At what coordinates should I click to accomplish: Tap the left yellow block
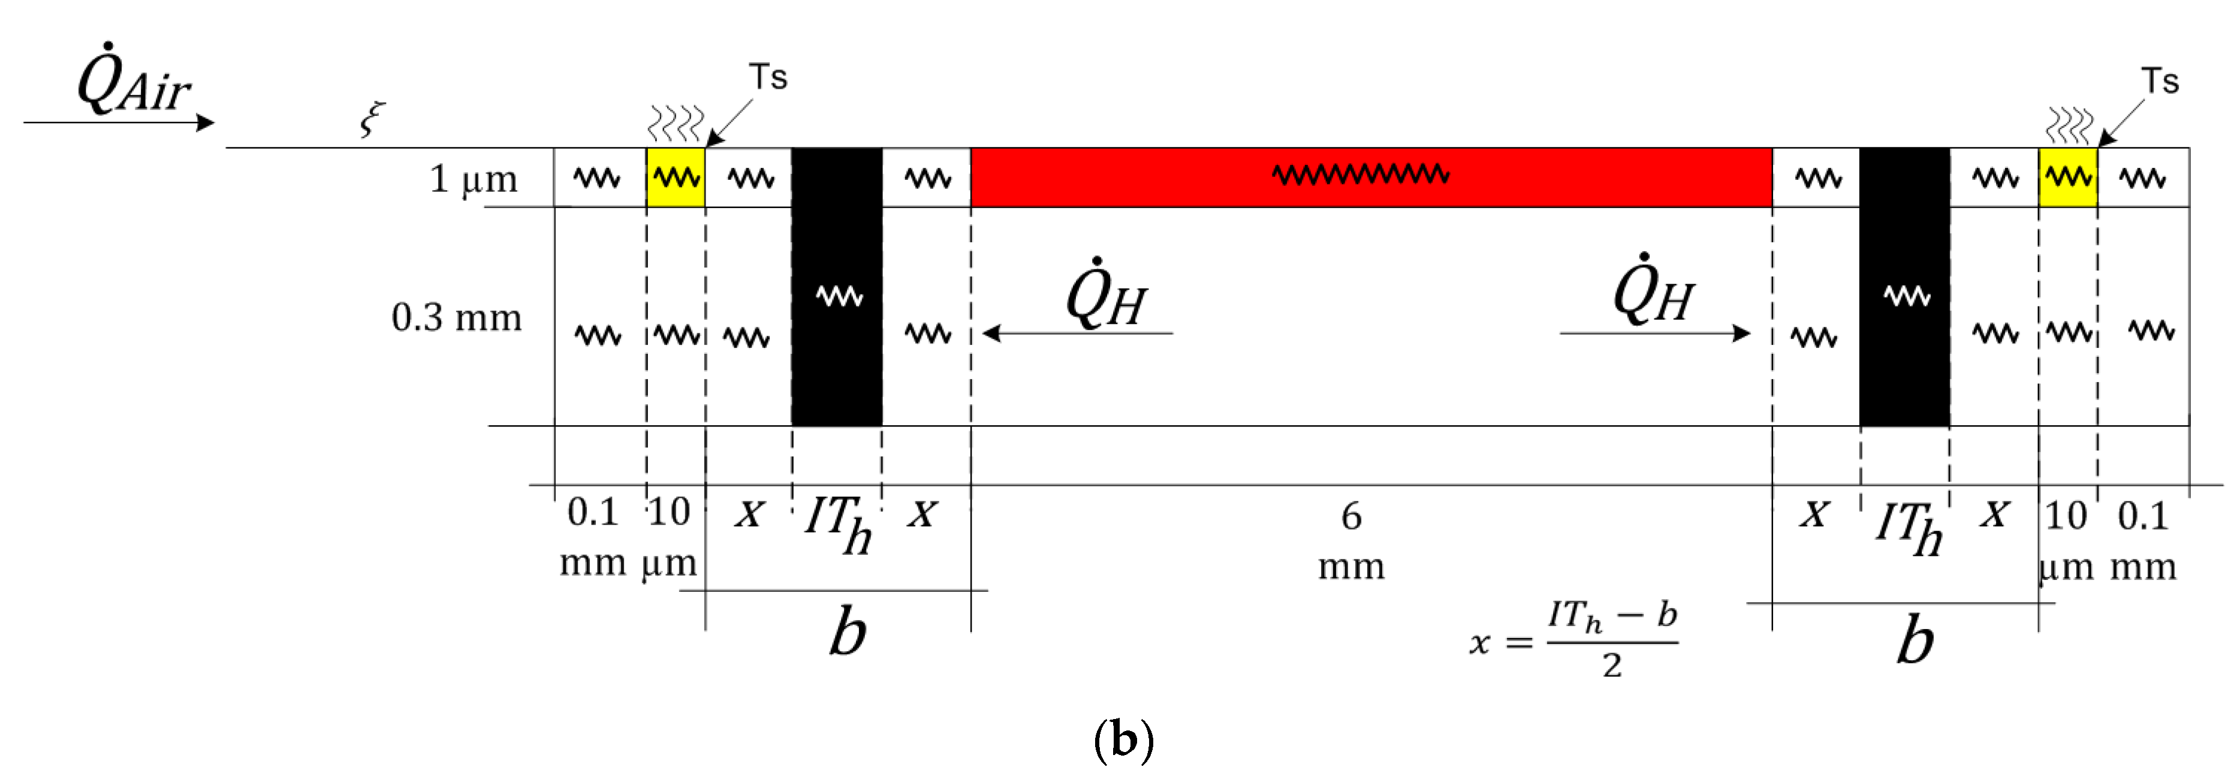tap(676, 178)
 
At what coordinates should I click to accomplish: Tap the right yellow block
tap(2067, 178)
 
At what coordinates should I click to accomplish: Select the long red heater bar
tap(1370, 178)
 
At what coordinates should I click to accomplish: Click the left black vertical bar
tap(836, 287)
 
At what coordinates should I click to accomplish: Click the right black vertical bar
tap(1904, 287)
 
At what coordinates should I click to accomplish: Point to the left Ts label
tap(768, 77)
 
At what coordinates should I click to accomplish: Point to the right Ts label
tap(2159, 81)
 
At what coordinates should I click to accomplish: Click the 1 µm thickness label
tap(474, 179)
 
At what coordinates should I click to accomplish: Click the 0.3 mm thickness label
tap(456, 317)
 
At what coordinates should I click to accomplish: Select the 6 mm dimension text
tap(1351, 540)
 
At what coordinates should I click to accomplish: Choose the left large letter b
tap(847, 631)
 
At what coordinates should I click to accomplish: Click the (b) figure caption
tap(1123, 739)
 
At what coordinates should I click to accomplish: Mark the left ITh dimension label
tap(837, 523)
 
